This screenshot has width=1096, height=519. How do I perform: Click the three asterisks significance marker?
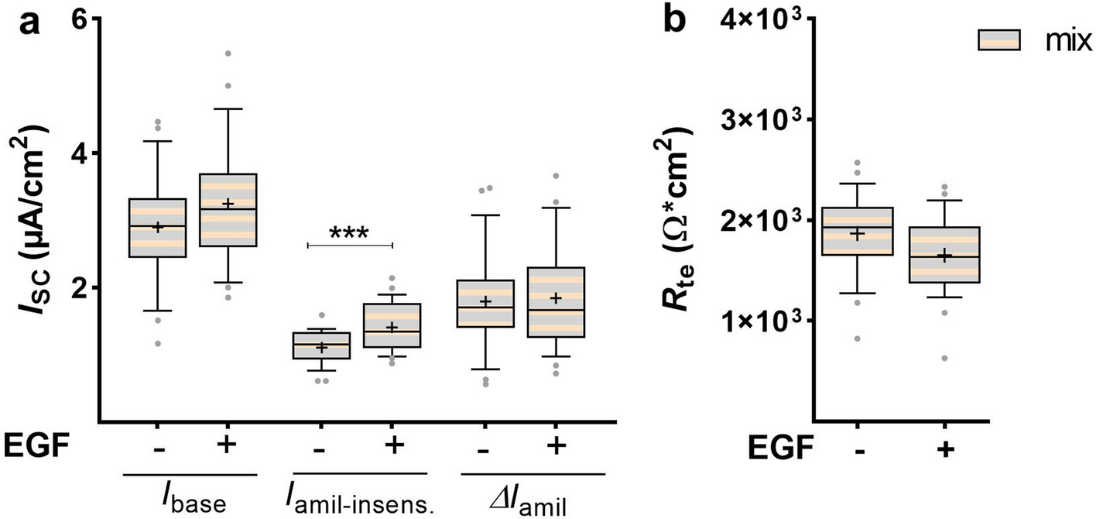coord(350,232)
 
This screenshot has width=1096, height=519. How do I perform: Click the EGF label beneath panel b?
coord(777,448)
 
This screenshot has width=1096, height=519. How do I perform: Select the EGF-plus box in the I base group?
coord(228,210)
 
